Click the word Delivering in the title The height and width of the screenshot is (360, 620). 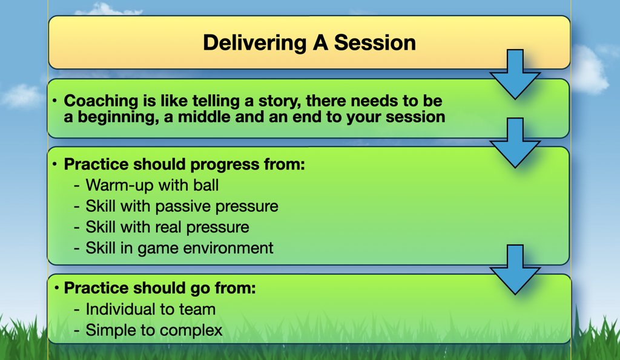pyautogui.click(x=255, y=43)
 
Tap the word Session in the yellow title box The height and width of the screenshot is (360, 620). pyautogui.click(x=375, y=42)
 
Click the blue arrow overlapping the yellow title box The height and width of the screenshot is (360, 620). pyautogui.click(x=515, y=74)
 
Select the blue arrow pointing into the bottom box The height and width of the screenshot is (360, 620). pyautogui.click(x=515, y=269)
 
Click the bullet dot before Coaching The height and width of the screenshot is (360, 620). pyautogui.click(x=54, y=101)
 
